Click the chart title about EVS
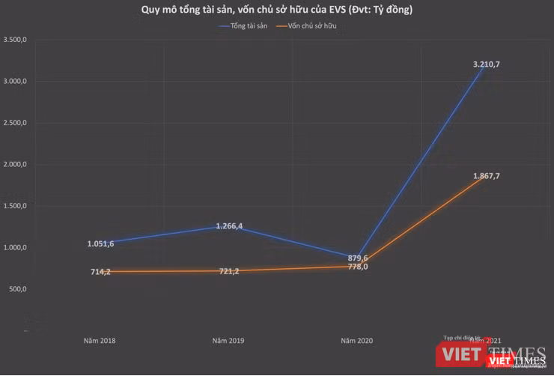[277, 10]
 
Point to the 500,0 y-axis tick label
[17, 289]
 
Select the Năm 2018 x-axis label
[100, 341]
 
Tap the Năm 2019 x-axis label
[228, 341]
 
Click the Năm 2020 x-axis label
[357, 341]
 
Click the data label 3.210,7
[486, 64]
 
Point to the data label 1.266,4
[228, 225]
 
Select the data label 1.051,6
[100, 243]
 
